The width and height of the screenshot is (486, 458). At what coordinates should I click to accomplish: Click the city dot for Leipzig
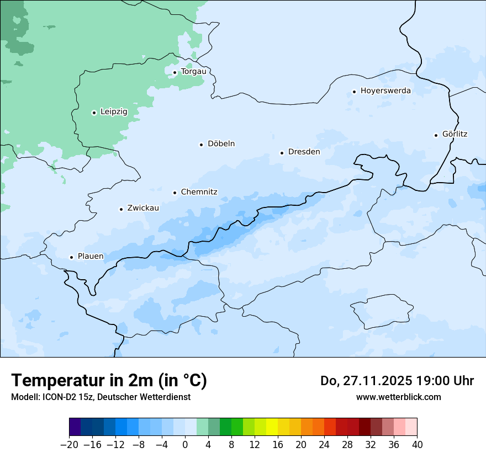[x=94, y=113]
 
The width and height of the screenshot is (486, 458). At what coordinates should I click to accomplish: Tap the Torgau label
[x=193, y=71]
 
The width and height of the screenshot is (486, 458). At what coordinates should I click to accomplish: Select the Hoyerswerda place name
[x=385, y=90]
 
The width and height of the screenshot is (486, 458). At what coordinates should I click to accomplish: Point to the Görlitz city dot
[x=436, y=135]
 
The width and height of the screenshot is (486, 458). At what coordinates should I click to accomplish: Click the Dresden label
[x=304, y=152]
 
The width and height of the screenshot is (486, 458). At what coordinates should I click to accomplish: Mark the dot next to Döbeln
[x=201, y=145]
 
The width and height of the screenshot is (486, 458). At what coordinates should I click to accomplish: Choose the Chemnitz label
[x=199, y=192]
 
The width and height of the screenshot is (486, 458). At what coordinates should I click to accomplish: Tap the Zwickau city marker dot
[x=121, y=209]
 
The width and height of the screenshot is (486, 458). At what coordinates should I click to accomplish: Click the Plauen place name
[x=90, y=256]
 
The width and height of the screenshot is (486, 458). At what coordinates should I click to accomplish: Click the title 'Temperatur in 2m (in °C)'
[x=109, y=380]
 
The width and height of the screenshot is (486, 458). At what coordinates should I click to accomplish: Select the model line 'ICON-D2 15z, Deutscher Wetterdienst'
[x=101, y=397]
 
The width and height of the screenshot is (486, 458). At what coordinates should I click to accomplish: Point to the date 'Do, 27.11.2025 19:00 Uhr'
[x=397, y=381]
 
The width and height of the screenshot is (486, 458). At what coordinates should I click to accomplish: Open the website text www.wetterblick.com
[x=398, y=397]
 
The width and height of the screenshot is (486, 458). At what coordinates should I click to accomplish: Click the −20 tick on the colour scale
[x=70, y=445]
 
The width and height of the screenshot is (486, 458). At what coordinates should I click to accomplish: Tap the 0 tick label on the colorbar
[x=185, y=445]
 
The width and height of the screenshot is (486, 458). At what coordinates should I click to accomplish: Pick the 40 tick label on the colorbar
[x=417, y=445]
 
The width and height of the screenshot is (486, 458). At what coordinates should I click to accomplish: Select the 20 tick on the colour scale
[x=301, y=445]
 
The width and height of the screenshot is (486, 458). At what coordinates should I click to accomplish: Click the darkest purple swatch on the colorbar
[x=75, y=427]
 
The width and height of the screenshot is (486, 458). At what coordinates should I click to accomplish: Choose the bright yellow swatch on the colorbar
[x=272, y=427]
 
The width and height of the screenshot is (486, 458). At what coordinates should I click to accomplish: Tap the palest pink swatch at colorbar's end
[x=411, y=427]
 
